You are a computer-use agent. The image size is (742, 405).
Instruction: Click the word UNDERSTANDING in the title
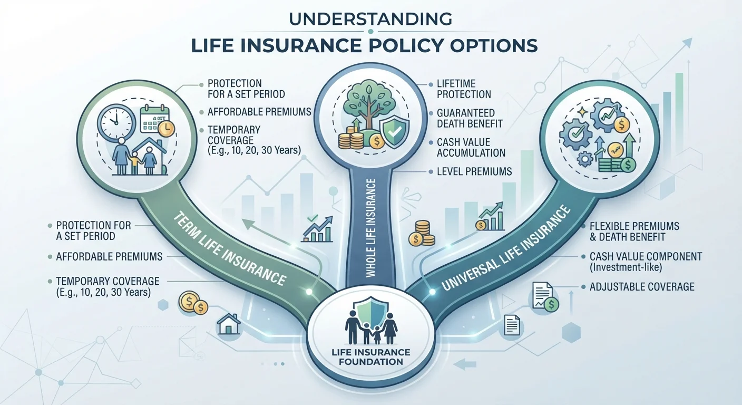[x=370, y=19]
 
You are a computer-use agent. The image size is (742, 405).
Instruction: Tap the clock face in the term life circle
[x=116, y=118]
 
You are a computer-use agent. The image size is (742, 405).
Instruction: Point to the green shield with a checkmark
[x=394, y=132]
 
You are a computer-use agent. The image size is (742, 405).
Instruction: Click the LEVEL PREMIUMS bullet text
[x=474, y=171]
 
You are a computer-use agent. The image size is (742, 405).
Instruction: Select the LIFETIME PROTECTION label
[x=464, y=89]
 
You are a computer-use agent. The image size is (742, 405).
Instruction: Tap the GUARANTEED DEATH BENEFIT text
[x=470, y=118]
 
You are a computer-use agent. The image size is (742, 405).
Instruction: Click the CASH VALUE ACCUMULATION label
[x=471, y=148]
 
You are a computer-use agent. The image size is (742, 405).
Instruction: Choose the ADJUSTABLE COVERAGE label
[x=642, y=287]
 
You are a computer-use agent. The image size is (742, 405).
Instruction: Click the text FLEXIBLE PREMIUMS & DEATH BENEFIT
[x=634, y=232]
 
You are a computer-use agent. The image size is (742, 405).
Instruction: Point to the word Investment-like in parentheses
[x=626, y=267]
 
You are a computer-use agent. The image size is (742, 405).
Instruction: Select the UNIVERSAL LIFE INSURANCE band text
[x=506, y=248]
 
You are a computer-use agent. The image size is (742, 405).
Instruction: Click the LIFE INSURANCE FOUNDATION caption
[x=370, y=356]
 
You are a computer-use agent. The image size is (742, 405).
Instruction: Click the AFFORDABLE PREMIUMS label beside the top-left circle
[x=259, y=112]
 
